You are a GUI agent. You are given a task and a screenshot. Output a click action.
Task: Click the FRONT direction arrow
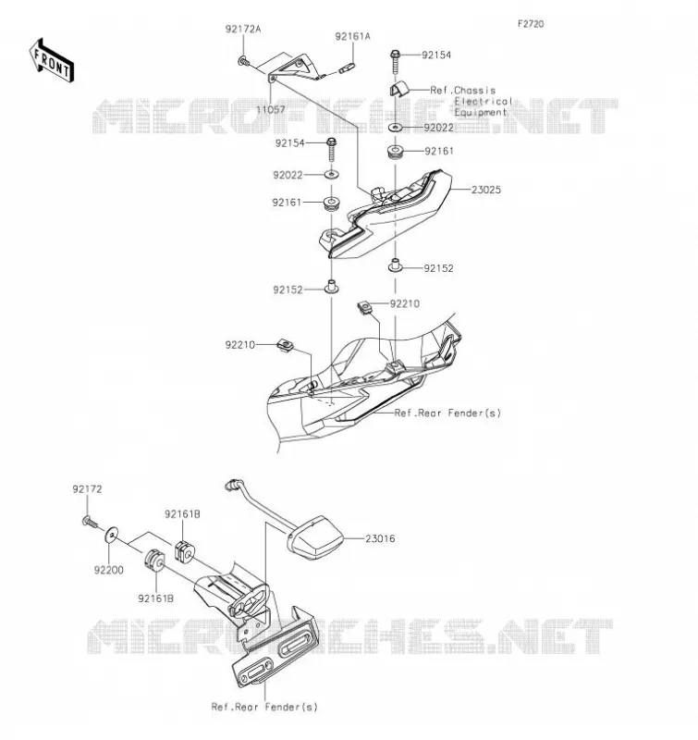[52, 61]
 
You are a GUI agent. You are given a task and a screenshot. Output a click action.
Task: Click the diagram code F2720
[531, 24]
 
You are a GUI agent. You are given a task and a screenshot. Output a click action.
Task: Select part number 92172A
[243, 29]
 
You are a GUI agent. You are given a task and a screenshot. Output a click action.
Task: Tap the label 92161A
[353, 36]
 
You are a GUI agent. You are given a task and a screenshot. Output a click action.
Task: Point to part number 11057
[271, 109]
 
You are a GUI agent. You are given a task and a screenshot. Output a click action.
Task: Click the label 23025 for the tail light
[486, 190]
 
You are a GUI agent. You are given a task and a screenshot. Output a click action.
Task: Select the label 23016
[380, 538]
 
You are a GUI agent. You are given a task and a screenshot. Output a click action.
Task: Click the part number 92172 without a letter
[87, 489]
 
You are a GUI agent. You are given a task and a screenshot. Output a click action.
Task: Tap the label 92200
[109, 570]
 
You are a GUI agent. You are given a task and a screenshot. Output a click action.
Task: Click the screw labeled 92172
[89, 522]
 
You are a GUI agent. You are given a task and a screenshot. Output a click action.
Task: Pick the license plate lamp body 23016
[316, 538]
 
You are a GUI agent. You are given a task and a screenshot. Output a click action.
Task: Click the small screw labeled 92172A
[244, 60]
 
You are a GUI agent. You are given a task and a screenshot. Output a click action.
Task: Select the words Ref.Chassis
[462, 90]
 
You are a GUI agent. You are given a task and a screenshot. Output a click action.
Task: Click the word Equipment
[481, 112]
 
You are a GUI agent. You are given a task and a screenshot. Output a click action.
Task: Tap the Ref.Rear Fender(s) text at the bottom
[264, 707]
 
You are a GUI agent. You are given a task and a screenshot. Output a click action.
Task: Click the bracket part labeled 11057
[295, 69]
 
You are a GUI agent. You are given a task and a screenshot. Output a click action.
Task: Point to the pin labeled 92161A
[347, 68]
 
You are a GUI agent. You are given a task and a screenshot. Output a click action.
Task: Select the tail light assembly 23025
[385, 214]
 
